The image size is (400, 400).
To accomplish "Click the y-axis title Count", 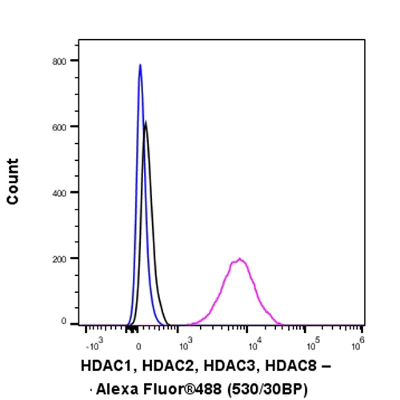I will tap(13, 182).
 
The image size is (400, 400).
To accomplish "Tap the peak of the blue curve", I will tap(140, 65).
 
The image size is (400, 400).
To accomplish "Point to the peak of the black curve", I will tap(146, 122).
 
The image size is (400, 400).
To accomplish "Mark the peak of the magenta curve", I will tap(238, 258).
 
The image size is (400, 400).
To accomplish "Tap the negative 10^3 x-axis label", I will tap(94, 345).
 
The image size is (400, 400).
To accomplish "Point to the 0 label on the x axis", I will tap(140, 346).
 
